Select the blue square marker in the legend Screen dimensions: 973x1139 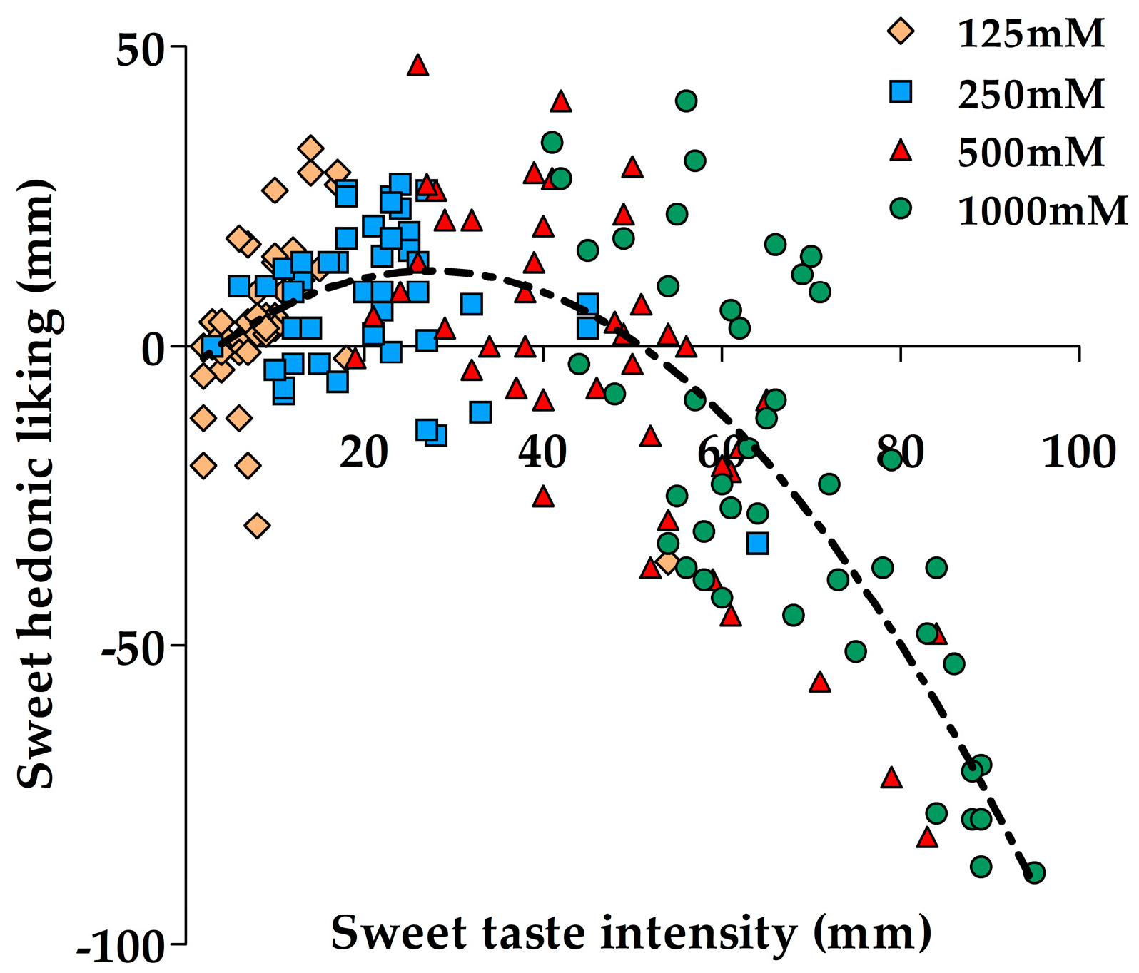tap(901, 92)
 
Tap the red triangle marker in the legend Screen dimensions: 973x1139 tap(901, 151)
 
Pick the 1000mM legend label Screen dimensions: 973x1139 tap(1042, 211)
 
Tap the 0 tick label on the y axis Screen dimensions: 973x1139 tap(153, 350)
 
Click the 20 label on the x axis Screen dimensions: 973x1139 tap(363, 452)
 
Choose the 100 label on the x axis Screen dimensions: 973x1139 tap(1078, 452)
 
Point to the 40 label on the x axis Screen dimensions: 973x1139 tap(542, 452)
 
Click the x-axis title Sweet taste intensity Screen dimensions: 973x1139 tap(631, 932)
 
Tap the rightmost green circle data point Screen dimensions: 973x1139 tap(1034, 872)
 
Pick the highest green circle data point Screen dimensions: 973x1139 tap(687, 101)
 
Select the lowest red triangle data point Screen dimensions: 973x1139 tap(927, 837)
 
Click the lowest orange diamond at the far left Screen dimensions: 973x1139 tap(258, 526)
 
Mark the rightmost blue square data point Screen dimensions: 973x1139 tap(757, 544)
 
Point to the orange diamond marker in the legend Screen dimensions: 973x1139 tap(901, 31)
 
